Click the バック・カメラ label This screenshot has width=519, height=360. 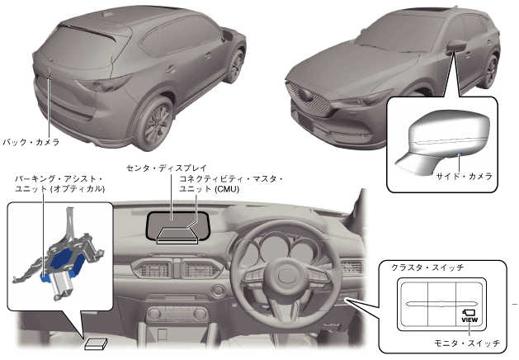tap(31, 142)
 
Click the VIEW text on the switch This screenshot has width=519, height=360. tap(469, 319)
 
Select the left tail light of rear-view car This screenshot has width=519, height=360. tap(111, 83)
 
